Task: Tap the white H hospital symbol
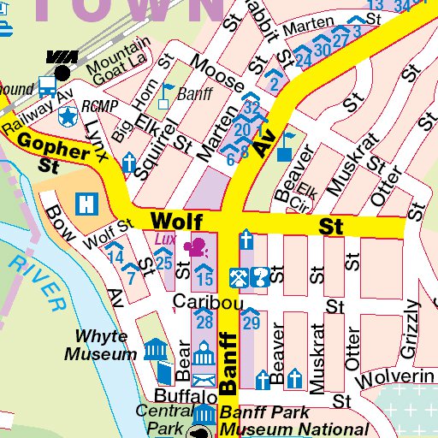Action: pyautogui.click(x=86, y=204)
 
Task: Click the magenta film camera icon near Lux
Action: pyautogui.click(x=198, y=247)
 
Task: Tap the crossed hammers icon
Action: pyautogui.click(x=239, y=275)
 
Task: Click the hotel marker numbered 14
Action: pyautogui.click(x=115, y=254)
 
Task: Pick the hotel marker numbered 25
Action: pyautogui.click(x=164, y=260)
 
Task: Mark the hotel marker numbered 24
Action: pyautogui.click(x=302, y=59)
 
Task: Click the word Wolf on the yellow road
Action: pyautogui.click(x=170, y=221)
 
